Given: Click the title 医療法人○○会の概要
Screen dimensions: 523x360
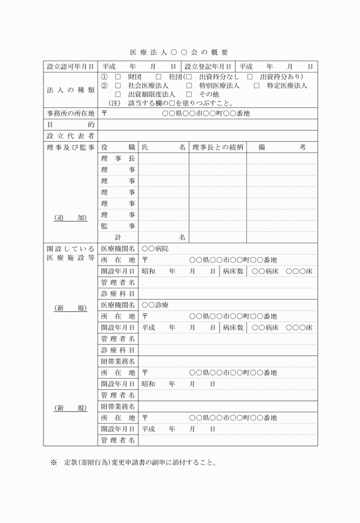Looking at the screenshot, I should [x=179, y=53].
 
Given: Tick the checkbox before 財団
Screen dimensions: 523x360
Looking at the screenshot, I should [x=118, y=77].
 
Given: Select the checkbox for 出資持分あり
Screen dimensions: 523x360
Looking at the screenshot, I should [x=250, y=77].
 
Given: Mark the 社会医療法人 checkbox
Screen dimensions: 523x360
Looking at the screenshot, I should [x=118, y=86].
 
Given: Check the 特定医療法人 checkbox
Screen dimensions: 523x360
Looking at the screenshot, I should [x=257, y=86].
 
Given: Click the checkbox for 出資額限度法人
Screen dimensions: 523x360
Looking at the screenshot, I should [x=118, y=94].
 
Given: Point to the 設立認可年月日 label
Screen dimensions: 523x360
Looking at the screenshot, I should [x=70, y=67].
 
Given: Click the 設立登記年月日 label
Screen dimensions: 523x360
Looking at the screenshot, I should [x=208, y=67].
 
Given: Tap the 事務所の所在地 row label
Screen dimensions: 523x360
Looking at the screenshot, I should [x=70, y=114].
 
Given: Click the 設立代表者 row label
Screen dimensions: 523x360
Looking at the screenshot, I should [x=70, y=136].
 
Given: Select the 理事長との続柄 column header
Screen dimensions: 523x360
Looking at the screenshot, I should [x=218, y=147].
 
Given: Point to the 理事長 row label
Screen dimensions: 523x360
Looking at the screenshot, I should [x=118, y=158].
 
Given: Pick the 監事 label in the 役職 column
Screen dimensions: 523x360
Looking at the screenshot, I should [x=118, y=226].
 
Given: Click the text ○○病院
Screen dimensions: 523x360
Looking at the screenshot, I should [x=155, y=249].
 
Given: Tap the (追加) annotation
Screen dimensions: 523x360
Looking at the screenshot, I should [x=70, y=218].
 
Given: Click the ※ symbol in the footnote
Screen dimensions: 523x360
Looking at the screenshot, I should [x=54, y=462].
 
